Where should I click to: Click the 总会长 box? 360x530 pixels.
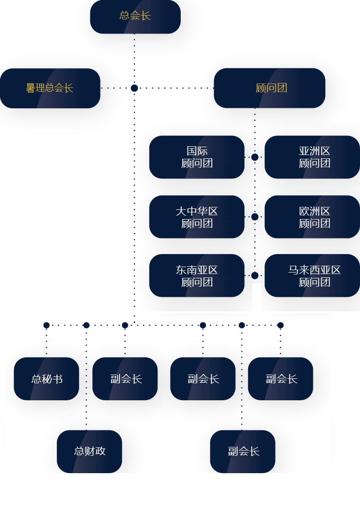point(135,16)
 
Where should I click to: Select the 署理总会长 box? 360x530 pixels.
point(50,88)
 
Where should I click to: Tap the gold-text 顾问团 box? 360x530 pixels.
point(270,88)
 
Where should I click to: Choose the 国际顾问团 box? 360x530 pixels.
point(197,157)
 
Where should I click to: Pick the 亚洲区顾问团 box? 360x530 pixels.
point(312,157)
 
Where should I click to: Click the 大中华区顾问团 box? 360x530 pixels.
point(197,217)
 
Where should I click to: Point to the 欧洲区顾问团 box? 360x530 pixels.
point(312,217)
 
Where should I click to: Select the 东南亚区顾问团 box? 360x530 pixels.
point(197,275)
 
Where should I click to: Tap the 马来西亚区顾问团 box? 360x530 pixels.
point(312,275)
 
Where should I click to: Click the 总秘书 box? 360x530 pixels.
point(47,379)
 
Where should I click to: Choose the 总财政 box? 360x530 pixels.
point(89,451)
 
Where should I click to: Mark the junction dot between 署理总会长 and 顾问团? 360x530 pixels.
point(135,88)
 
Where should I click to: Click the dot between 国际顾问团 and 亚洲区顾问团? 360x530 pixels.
point(255,157)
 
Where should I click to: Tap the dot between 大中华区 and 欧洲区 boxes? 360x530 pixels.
point(255,217)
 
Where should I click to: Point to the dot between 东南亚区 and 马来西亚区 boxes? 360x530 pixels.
point(255,275)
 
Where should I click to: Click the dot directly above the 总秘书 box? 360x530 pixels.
point(47,325)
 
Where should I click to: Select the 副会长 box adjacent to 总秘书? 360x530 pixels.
point(125,379)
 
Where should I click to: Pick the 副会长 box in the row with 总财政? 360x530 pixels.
point(243,451)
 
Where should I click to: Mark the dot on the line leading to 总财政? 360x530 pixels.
point(86,325)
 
